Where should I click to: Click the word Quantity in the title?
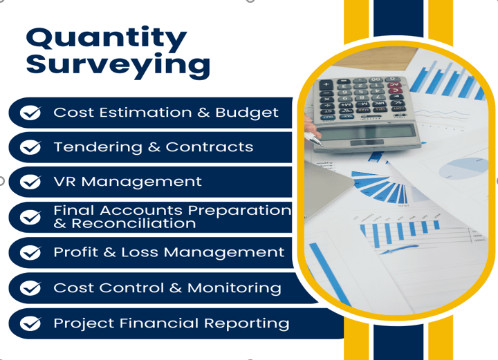coord(107,39)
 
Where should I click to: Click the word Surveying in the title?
coord(118,66)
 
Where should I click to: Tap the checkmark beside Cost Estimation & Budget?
coord(30,113)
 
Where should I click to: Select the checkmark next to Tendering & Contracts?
coord(30,147)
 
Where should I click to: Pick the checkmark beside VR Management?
coord(30,182)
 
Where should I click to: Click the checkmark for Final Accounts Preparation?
coord(30,217)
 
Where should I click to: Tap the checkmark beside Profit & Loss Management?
coord(30,252)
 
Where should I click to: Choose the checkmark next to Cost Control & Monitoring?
coord(30,288)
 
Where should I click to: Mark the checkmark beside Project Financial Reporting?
coord(30,323)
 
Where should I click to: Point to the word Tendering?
coord(98,148)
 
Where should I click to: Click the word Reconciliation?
coord(133,223)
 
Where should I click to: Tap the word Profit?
coord(76,252)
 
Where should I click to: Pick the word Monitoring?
coord(234,289)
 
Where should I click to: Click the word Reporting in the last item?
coord(246,324)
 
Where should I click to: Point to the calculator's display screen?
coord(367,131)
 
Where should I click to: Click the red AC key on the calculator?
coord(394,85)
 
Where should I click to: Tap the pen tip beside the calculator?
coord(320,144)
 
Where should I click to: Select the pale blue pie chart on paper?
coord(463,168)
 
